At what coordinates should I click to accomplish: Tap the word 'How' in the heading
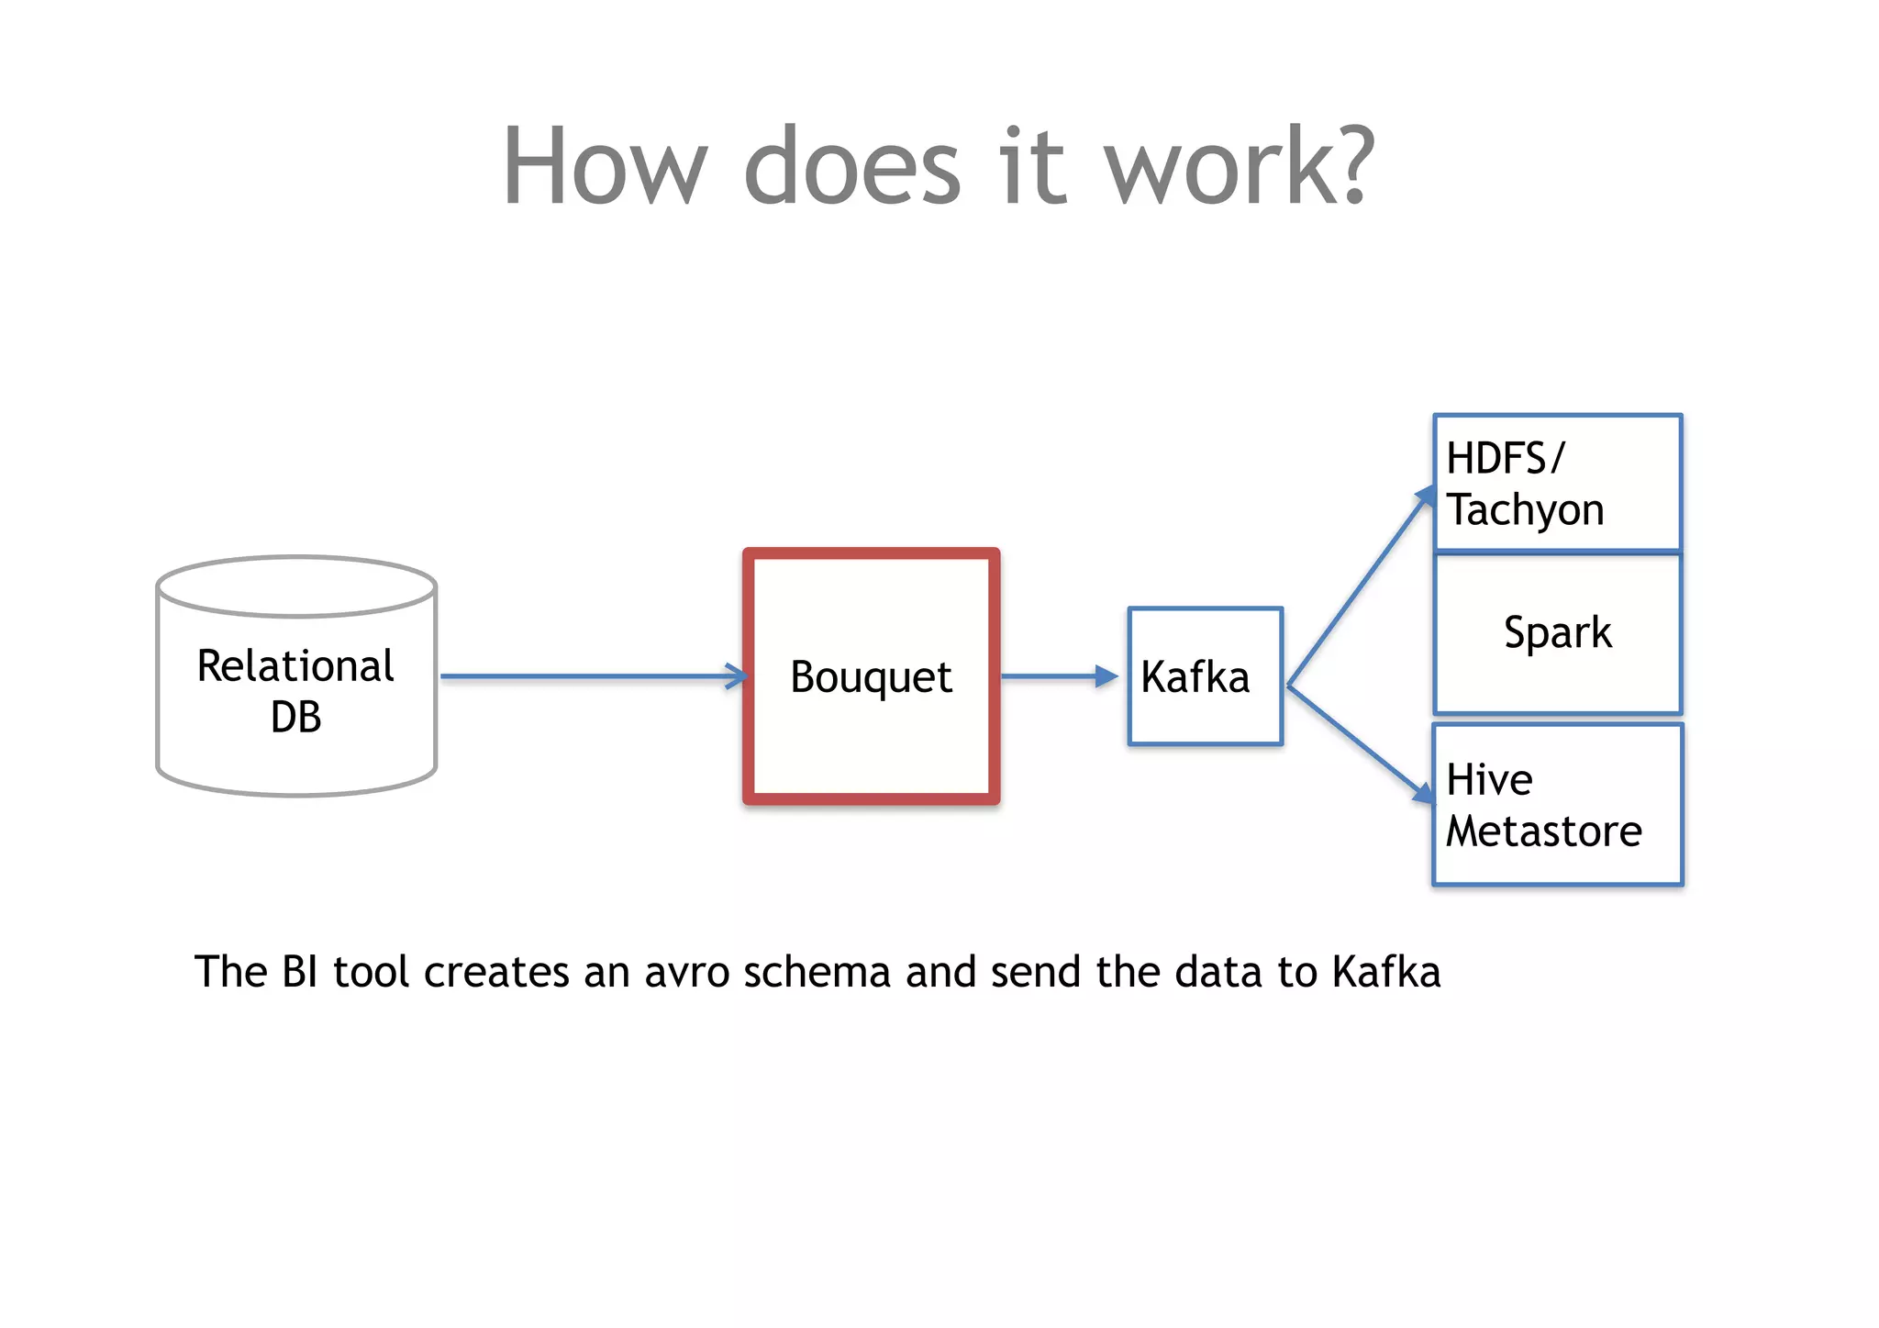point(606,167)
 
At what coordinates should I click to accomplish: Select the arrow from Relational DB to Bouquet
point(592,676)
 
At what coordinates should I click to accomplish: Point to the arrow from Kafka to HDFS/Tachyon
point(1361,587)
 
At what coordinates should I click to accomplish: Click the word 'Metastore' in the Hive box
point(1543,831)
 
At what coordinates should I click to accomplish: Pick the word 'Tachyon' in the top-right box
point(1526,510)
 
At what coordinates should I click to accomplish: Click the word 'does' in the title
point(852,167)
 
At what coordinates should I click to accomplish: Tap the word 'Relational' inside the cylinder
point(295,666)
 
